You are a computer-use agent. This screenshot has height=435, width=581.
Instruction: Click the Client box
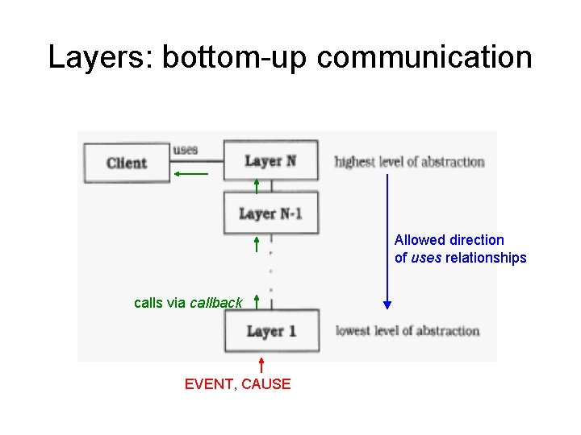127,163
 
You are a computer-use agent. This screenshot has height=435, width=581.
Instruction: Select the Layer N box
270,161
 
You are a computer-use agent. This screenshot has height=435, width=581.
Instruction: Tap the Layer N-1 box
270,213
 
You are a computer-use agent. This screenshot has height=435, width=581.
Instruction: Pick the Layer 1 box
270,331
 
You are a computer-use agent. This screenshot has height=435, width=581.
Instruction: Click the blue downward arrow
387,242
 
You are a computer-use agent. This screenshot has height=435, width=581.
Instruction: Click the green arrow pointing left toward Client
191,173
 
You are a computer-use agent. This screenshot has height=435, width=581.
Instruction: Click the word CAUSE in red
266,384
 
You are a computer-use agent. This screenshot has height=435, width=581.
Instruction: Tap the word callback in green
215,303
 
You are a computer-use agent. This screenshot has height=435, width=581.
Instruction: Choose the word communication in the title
425,57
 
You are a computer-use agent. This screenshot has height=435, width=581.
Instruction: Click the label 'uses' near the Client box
186,149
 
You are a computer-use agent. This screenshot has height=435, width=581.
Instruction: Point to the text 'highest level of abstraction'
409,162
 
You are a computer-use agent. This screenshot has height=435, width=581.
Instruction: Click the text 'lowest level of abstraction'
407,331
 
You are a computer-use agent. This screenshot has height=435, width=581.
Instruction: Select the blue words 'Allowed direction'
449,240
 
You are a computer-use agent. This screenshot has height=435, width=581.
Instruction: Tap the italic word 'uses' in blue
425,258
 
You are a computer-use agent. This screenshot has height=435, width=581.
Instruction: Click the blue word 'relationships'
486,258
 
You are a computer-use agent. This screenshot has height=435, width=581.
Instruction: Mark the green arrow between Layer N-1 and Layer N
257,186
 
